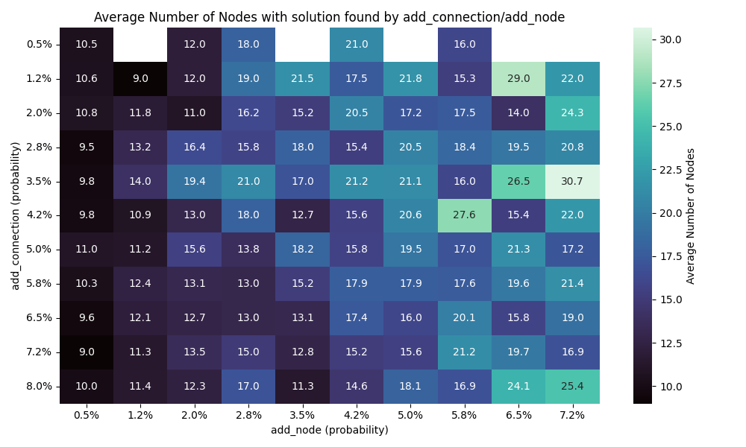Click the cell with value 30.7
click(572, 181)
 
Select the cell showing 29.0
click(518, 78)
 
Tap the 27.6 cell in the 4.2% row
click(464, 215)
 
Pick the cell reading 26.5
click(518, 181)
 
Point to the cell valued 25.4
click(572, 386)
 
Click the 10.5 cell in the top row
click(87, 44)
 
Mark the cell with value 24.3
click(572, 112)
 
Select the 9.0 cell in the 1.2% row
click(140, 78)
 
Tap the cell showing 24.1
click(518, 386)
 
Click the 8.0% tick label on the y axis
click(39, 386)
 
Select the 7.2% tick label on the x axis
click(572, 414)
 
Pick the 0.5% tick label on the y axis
click(39, 44)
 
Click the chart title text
click(329, 17)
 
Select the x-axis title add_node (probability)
click(329, 430)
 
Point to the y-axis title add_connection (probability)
click(15, 216)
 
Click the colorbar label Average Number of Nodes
click(691, 216)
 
